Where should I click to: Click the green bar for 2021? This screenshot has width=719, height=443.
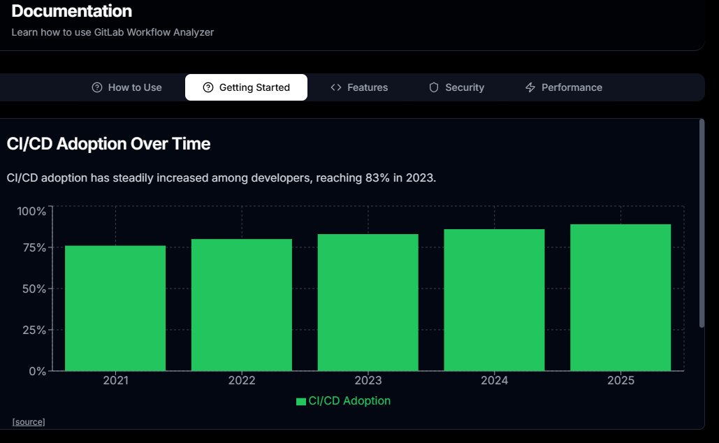pyautogui.click(x=115, y=308)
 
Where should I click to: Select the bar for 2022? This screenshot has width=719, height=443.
pyautogui.click(x=242, y=305)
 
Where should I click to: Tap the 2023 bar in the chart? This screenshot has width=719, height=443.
pyautogui.click(x=368, y=303)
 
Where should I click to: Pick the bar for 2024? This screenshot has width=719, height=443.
pyautogui.click(x=494, y=300)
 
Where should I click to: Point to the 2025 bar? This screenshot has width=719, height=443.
pyautogui.click(x=620, y=298)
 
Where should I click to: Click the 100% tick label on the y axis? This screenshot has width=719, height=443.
pyautogui.click(x=31, y=211)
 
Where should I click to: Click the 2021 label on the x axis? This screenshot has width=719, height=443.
pyautogui.click(x=115, y=381)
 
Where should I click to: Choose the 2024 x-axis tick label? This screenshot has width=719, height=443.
pyautogui.click(x=494, y=381)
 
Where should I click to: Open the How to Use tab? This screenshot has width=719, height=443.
pyautogui.click(x=127, y=87)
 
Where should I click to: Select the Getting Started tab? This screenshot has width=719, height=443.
pyautogui.click(x=246, y=87)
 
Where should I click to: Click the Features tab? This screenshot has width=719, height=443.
pyautogui.click(x=359, y=87)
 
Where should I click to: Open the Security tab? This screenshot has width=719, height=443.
pyautogui.click(x=456, y=87)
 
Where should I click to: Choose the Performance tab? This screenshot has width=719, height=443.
pyautogui.click(x=563, y=87)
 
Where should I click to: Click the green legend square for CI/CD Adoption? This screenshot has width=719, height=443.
pyautogui.click(x=301, y=401)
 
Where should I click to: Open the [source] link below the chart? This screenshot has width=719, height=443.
pyautogui.click(x=29, y=422)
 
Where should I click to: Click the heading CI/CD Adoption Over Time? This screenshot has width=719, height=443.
pyautogui.click(x=108, y=144)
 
